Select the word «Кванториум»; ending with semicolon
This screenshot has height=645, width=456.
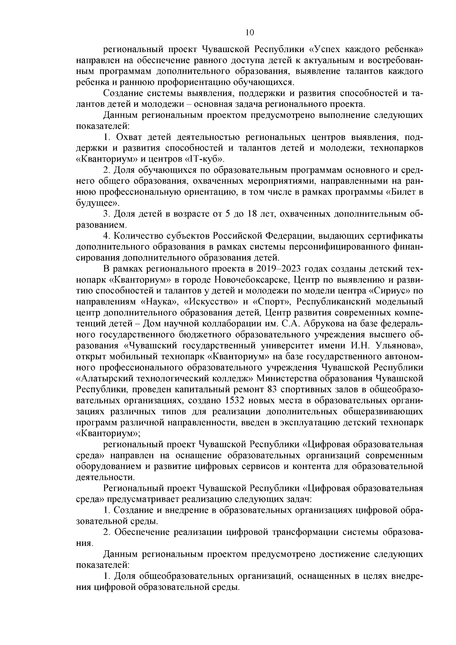tap(108, 433)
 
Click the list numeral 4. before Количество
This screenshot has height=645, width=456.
tap(107, 236)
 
